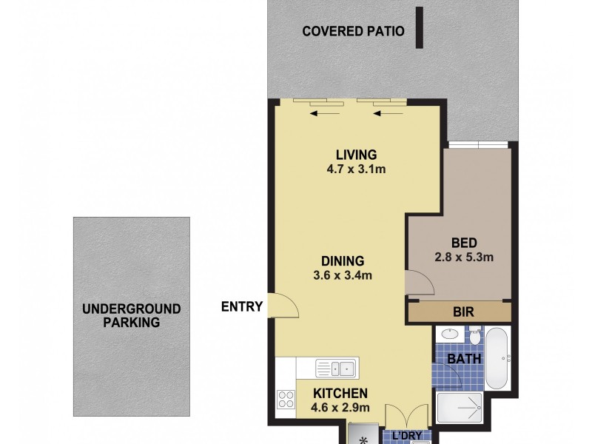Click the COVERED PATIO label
tap(353, 31)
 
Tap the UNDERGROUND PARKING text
tap(131, 315)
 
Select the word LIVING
tap(356, 155)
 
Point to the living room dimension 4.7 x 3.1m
tap(356, 169)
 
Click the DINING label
tap(343, 260)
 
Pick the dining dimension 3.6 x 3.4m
tap(343, 275)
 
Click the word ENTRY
tap(242, 306)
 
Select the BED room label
tap(463, 243)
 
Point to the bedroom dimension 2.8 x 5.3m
tap(463, 258)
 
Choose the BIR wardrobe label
tap(464, 312)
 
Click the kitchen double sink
tap(335, 367)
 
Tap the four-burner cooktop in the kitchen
tap(285, 400)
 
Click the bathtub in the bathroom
tap(497, 359)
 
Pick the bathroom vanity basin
tap(448, 334)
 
